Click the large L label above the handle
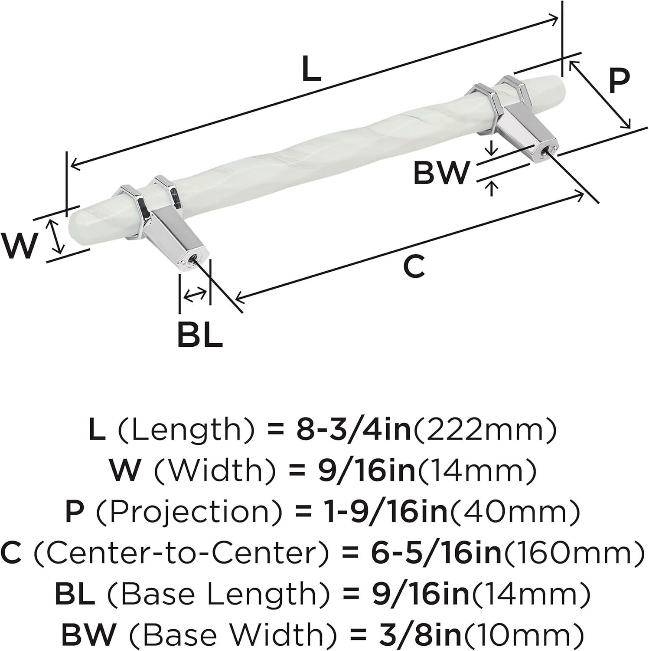[311, 69]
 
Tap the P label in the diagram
[619, 81]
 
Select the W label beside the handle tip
[19, 246]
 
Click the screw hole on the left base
[192, 261]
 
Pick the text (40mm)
[514, 512]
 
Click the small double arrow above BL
[195, 296]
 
